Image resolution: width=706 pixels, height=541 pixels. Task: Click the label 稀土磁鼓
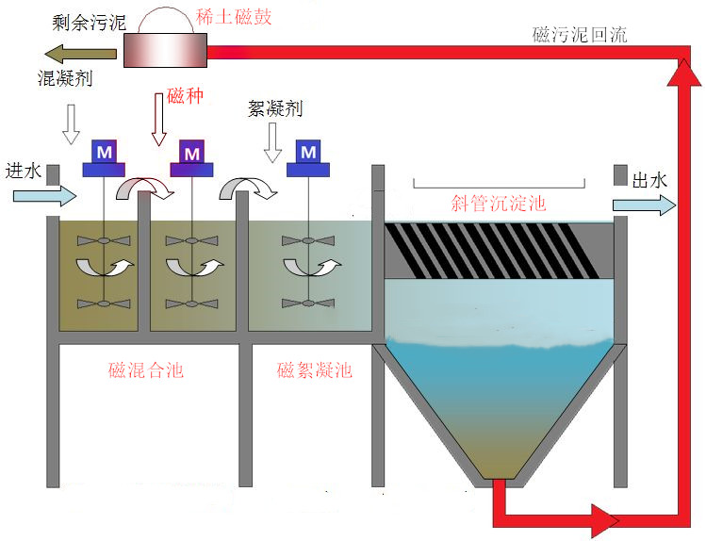click(x=234, y=18)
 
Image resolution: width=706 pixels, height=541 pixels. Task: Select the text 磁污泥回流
click(x=579, y=35)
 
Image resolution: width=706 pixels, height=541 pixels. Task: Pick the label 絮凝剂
click(x=274, y=108)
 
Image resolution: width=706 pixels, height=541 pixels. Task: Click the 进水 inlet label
click(x=24, y=171)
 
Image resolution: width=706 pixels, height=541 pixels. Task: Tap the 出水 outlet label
click(x=649, y=179)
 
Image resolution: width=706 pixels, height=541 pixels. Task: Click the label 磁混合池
click(x=146, y=370)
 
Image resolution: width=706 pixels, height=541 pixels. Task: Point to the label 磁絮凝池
click(x=314, y=370)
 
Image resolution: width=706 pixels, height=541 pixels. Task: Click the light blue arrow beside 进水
click(x=44, y=196)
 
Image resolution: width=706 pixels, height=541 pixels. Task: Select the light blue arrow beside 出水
click(x=644, y=205)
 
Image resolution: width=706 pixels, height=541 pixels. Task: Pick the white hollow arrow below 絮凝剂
click(x=274, y=142)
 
